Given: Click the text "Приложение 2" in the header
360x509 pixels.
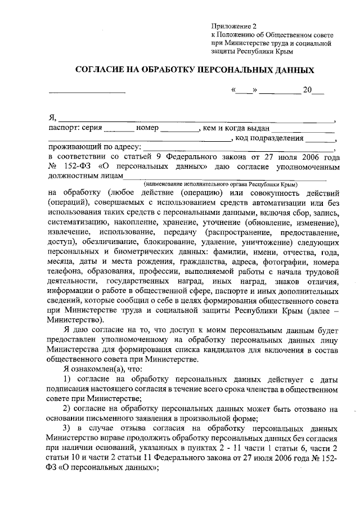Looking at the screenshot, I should (233, 26).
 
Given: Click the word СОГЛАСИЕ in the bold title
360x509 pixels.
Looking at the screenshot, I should (105, 71).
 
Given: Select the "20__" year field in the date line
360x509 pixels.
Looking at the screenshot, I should (313, 90).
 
